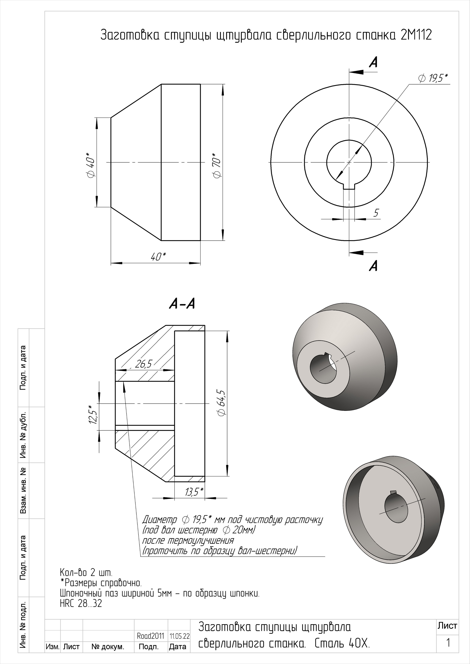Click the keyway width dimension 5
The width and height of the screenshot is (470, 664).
pyautogui.click(x=376, y=213)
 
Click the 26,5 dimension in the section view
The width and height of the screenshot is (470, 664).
pyautogui.click(x=143, y=364)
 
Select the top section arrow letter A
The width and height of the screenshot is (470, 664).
pyautogui.click(x=373, y=62)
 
